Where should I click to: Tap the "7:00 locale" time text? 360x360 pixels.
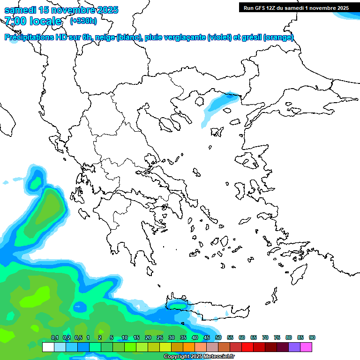[33, 21]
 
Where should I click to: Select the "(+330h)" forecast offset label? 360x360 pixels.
[83, 21]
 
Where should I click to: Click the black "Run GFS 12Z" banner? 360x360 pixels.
[296, 7]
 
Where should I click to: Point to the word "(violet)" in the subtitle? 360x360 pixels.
[219, 37]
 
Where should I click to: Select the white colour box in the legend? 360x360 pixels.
[48, 347]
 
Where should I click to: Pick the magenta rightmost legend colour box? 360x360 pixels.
[306, 347]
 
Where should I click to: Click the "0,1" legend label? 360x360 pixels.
[55, 338]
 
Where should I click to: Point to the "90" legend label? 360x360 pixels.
[312, 338]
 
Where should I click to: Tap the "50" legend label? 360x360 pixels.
[218, 338]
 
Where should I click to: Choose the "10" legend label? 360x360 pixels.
[125, 338]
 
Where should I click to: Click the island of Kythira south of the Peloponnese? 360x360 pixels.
[150, 271]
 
